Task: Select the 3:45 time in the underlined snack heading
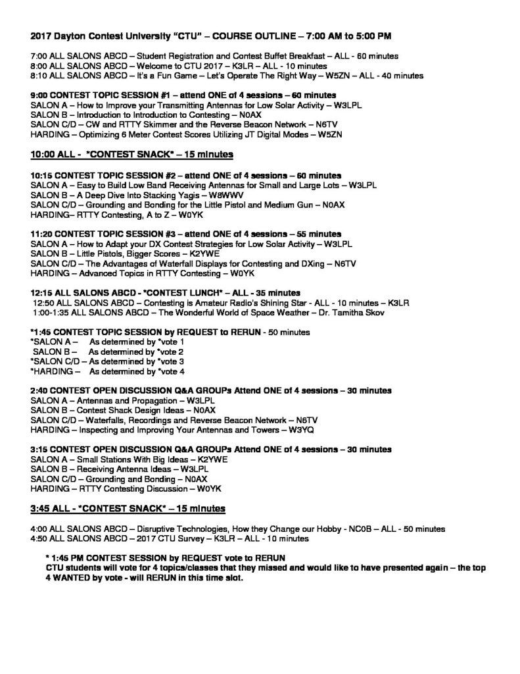coord(41,509)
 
